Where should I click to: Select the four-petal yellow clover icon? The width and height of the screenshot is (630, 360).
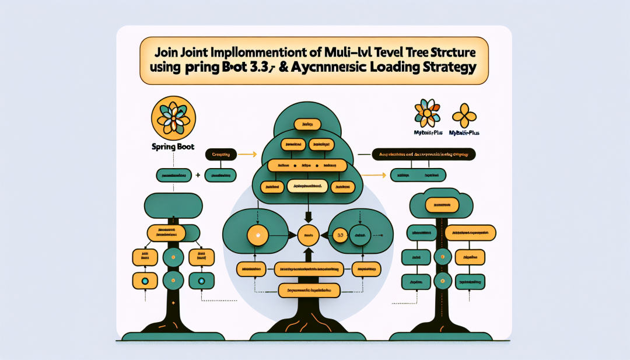coord(464,115)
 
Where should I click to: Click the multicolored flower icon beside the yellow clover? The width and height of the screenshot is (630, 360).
coord(428,114)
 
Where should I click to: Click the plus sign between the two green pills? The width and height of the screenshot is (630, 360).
coord(198,174)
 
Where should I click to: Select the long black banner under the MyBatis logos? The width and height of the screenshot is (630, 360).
coord(423,155)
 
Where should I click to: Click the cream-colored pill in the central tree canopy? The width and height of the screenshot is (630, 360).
coord(307,186)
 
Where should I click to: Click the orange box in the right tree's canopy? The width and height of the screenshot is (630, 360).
coord(441,205)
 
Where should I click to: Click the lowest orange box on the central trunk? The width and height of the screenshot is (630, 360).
coord(309,289)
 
